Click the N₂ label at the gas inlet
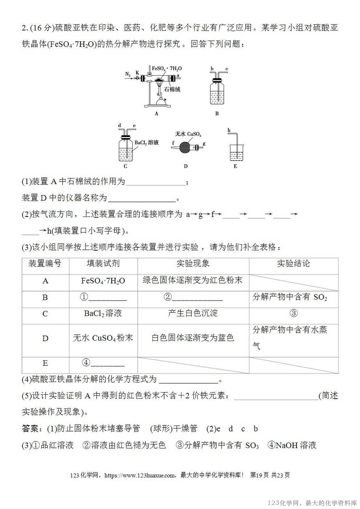[128, 74]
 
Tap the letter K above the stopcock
[137, 72]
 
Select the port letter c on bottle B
[227, 69]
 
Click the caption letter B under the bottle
[217, 114]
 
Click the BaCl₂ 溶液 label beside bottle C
[147, 142]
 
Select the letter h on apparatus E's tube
[229, 130]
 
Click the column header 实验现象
[193, 264]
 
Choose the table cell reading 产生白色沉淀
[193, 314]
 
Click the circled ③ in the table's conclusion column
[294, 314]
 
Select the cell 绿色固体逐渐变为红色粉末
[193, 280]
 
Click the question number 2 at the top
[24, 28]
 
